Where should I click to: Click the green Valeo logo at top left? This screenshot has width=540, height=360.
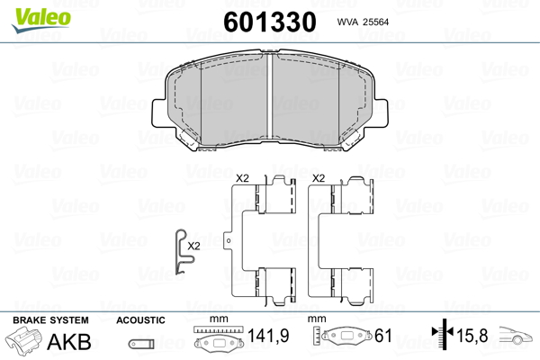41,19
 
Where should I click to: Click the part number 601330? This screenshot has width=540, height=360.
270,22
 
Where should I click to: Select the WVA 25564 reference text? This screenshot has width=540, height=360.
363,22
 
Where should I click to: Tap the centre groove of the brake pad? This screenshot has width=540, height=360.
270,97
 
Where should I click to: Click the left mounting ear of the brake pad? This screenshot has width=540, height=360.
159,113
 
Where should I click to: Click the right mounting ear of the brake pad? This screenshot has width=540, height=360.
380,113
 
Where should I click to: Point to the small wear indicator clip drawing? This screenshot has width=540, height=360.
184,251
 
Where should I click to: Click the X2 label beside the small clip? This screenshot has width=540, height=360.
193,246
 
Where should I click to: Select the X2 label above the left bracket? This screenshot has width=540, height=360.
242,178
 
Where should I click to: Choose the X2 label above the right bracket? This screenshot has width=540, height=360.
319,178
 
